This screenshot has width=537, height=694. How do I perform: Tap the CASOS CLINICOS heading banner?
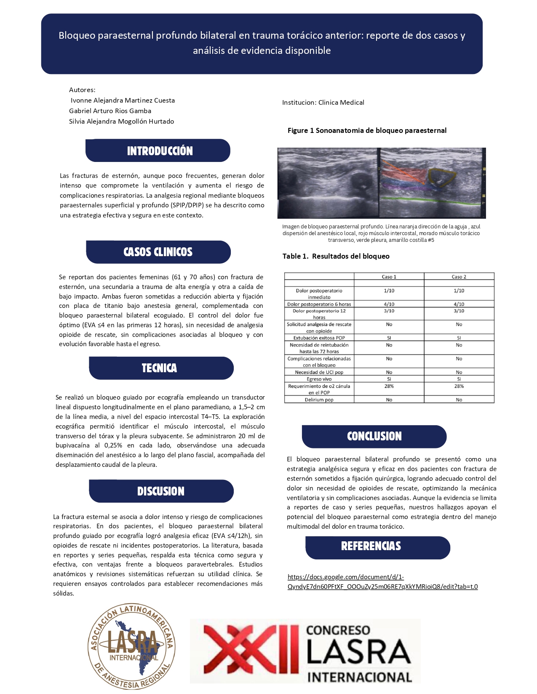click(x=158, y=252)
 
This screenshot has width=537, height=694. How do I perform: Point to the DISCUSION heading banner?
click(x=161, y=491)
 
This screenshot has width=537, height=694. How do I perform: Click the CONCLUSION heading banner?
click(x=374, y=436)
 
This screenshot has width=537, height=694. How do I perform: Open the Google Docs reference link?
click(x=382, y=582)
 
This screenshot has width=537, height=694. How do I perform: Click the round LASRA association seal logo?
click(x=131, y=647)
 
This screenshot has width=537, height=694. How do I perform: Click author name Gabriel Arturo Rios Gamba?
click(x=110, y=111)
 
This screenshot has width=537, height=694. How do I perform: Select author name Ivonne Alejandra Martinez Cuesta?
click(x=123, y=101)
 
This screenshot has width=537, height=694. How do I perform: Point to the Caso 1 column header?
click(x=389, y=277)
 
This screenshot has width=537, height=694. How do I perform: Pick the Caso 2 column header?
click(x=459, y=277)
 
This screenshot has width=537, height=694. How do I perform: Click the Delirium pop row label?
click(x=319, y=400)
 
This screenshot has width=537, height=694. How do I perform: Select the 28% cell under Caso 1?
click(x=389, y=386)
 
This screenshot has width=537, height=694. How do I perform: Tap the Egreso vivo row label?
click(x=319, y=379)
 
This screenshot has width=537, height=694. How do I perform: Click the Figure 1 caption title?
click(x=367, y=130)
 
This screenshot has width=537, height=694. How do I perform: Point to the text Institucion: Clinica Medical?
click(x=323, y=103)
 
